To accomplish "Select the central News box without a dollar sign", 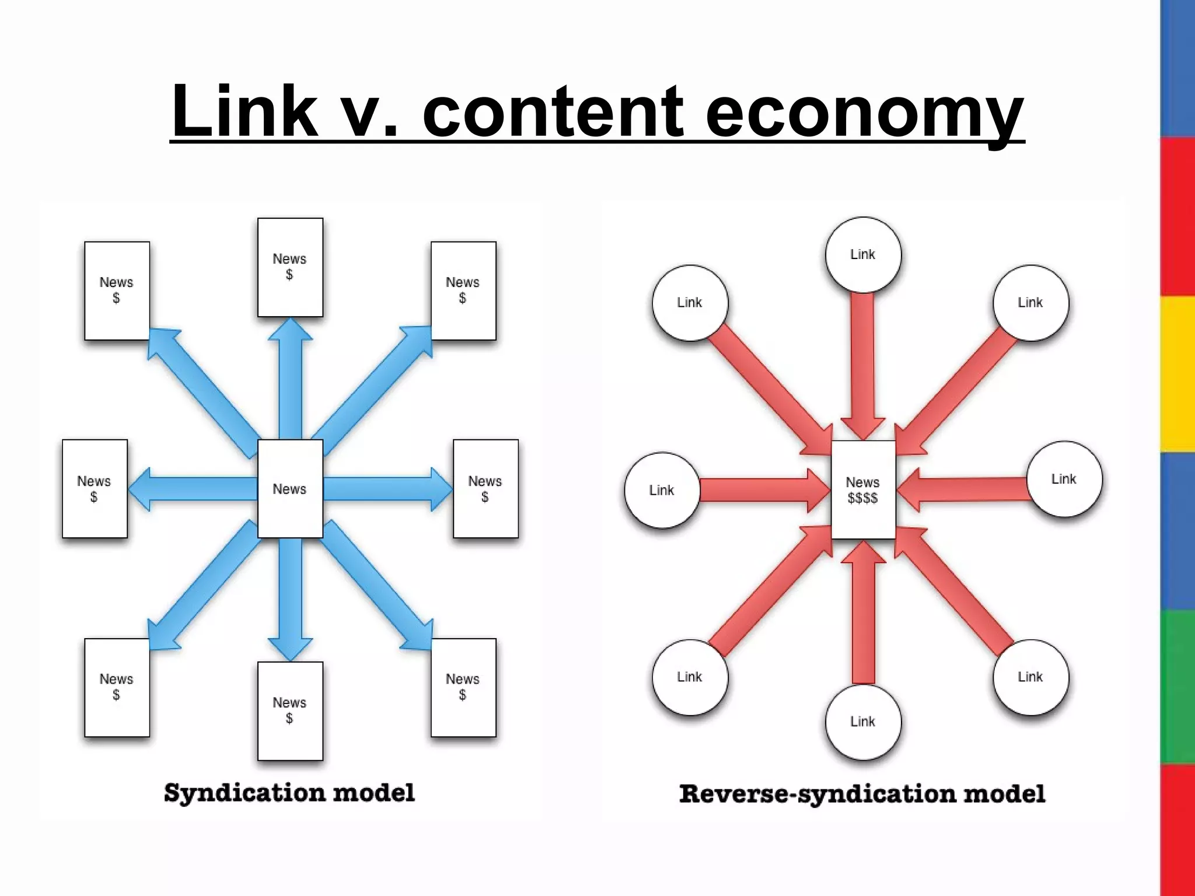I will pos(290,489).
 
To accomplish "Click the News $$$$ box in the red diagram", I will pos(863,490).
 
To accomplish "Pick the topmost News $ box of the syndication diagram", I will pos(290,267).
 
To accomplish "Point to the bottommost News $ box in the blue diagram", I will pos(290,710).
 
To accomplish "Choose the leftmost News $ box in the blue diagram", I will pos(95,489).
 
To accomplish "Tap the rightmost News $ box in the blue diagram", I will pos(485,489).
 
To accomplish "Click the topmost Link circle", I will pos(863,254).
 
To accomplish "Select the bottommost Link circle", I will pos(863,722).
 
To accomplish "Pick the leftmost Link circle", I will pos(662,490).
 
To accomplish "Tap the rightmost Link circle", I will pos(1064,479).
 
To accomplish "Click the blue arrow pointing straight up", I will pos(290,379).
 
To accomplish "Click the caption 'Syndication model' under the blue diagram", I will pos(289,793).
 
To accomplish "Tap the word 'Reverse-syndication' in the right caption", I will pos(817,794).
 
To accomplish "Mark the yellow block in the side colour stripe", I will pos(1177,373).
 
